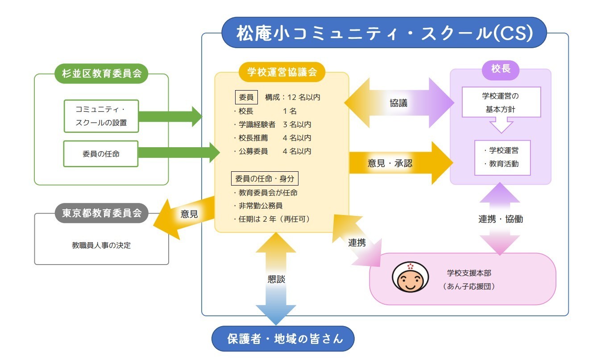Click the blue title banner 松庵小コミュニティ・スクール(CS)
point(384,33)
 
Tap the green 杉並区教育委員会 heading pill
point(101,74)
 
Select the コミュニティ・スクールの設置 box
point(101,116)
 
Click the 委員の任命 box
point(101,153)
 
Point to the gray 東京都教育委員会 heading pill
point(101,213)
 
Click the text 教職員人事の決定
point(101,245)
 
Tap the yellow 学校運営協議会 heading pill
point(282,72)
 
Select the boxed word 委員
point(246,97)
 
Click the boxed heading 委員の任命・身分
point(265,178)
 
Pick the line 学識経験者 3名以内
point(273,124)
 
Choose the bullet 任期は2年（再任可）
point(272,219)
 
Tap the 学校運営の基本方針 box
point(501,102)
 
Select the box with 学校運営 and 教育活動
point(502,158)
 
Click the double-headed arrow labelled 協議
point(399,103)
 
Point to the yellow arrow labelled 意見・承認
point(401,163)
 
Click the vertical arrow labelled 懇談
point(276,279)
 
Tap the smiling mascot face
point(410,277)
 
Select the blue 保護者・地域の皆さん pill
point(283,339)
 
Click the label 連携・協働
point(501,219)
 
